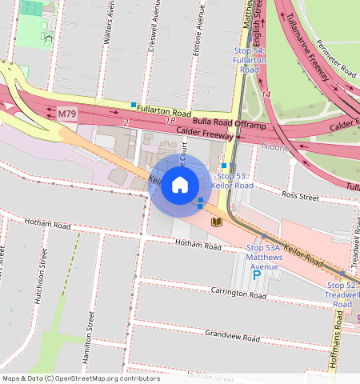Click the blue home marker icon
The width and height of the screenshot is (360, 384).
tap(180, 186)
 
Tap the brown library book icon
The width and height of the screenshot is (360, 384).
tap(216, 222)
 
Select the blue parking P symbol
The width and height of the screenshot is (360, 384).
tap(257, 275)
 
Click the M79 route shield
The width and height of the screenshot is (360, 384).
tap(67, 114)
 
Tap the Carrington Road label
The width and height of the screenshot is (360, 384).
tap(238, 294)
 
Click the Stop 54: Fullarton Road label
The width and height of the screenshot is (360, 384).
tap(249, 61)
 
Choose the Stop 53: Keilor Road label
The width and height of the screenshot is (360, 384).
tap(235, 180)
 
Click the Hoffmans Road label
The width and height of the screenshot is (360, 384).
tap(335, 352)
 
